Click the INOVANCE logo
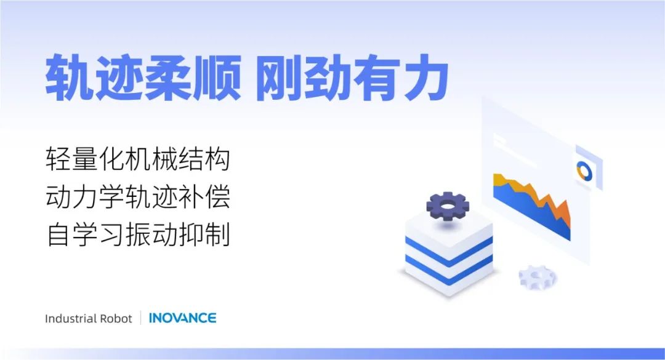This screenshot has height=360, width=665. [x=182, y=318]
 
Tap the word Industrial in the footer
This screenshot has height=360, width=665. [x=71, y=318]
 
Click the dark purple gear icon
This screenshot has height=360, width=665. [x=448, y=206]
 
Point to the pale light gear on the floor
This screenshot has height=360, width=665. [x=538, y=278]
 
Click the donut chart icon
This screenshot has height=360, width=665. [x=584, y=171]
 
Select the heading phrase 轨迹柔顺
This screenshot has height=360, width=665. [x=143, y=78]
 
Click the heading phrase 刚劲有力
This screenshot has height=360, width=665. [x=352, y=78]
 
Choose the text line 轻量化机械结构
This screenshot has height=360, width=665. [x=138, y=159]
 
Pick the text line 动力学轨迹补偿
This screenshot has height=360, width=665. [x=138, y=197]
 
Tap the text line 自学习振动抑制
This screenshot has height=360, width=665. [x=138, y=234]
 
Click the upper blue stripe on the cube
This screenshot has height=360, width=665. [x=449, y=250]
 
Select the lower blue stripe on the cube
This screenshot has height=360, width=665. [x=449, y=269]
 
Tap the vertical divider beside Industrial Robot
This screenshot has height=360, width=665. [x=141, y=318]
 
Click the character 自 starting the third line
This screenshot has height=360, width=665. [x=58, y=234]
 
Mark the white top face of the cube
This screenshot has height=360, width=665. [x=449, y=227]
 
